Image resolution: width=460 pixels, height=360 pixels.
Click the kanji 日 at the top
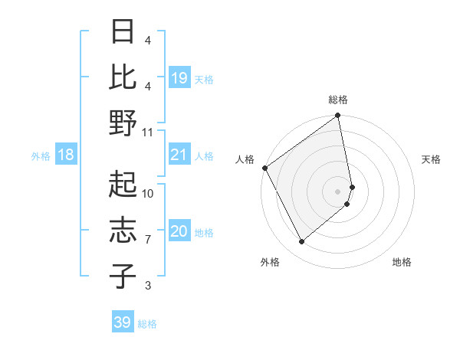[123, 31]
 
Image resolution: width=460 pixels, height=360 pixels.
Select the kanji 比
[123, 77]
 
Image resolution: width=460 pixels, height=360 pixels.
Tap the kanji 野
[123, 123]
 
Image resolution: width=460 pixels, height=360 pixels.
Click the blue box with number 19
[179, 78]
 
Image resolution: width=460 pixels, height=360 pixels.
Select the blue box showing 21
[179, 155]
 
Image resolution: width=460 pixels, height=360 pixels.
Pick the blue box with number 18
[66, 155]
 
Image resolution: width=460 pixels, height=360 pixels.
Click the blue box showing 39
[123, 322]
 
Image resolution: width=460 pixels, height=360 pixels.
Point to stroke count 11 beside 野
[148, 132]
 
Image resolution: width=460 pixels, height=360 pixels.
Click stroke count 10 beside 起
[148, 193]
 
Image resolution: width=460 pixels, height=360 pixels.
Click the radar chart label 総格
[338, 100]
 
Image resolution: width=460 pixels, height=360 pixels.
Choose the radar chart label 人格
[245, 159]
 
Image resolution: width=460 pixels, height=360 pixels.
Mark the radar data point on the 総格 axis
[338, 117]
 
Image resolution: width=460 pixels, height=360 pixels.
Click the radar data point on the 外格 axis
[301, 241]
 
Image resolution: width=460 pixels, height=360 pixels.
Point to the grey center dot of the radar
[338, 191]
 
